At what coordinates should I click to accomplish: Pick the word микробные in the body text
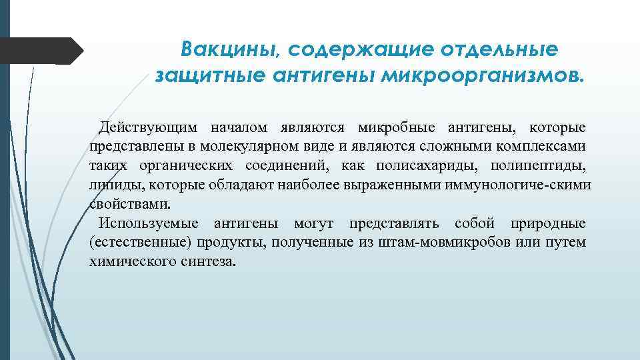click(397, 127)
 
